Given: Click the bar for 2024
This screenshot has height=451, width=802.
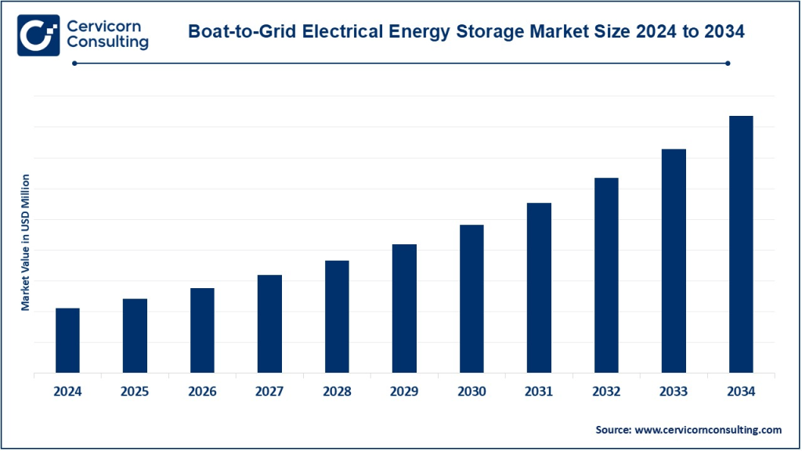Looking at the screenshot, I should pos(68,341).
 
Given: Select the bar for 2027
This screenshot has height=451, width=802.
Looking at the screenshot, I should pos(270,323).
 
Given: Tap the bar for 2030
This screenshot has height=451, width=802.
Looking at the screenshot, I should pos(471,298).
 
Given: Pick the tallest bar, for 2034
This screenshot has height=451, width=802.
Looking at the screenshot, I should pos(741,244).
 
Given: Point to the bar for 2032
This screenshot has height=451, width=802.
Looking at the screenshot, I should pos(606,275).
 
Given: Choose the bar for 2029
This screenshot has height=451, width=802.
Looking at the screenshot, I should pos(404,308).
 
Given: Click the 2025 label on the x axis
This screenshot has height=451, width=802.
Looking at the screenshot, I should pos(135,391).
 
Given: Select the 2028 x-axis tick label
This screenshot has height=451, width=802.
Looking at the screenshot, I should pos(337,391).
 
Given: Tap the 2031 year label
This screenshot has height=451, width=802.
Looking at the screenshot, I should pos(539,391).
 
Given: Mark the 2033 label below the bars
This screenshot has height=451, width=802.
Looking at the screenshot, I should pos(674,391).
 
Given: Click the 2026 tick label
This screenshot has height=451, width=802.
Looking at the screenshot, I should pos(202,391).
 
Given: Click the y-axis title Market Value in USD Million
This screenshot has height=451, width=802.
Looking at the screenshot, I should pos(25,243).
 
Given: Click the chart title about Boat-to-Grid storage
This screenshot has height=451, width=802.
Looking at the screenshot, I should pos(467,32).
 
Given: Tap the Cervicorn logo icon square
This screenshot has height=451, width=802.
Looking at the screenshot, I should pos(38,34).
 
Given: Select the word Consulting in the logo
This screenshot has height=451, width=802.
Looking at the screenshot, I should pos(108,43).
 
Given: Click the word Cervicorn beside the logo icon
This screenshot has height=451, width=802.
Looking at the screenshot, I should pos(104,26).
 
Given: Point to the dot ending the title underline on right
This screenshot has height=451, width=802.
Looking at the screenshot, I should pos(728,63).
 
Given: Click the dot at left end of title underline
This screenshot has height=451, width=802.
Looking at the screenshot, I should pos(75,63).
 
